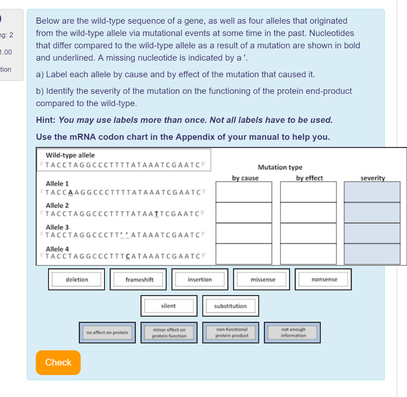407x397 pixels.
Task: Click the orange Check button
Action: point(58,362)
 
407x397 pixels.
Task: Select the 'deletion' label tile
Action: point(77,280)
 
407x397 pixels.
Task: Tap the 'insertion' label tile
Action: point(200,280)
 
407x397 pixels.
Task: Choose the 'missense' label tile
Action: point(263,280)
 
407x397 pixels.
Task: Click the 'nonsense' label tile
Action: point(324,280)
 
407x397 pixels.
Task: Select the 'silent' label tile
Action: point(169,306)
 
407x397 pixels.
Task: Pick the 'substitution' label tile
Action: point(231,306)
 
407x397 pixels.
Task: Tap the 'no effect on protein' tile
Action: point(107,333)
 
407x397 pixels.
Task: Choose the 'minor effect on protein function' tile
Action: point(169,333)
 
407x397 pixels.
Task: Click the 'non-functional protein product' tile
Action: point(231,333)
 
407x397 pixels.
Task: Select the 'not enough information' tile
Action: point(293,333)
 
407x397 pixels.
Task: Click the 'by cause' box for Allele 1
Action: point(244,192)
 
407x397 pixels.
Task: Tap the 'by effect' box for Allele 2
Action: point(308,212)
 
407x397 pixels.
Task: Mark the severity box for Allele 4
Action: point(372,254)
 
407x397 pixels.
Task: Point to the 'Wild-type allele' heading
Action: point(70,155)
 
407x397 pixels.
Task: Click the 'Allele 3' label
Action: point(57,227)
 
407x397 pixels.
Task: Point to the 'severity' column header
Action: point(372,178)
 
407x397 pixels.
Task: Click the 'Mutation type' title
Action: point(280,167)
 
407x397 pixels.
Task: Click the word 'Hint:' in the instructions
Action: point(46,120)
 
